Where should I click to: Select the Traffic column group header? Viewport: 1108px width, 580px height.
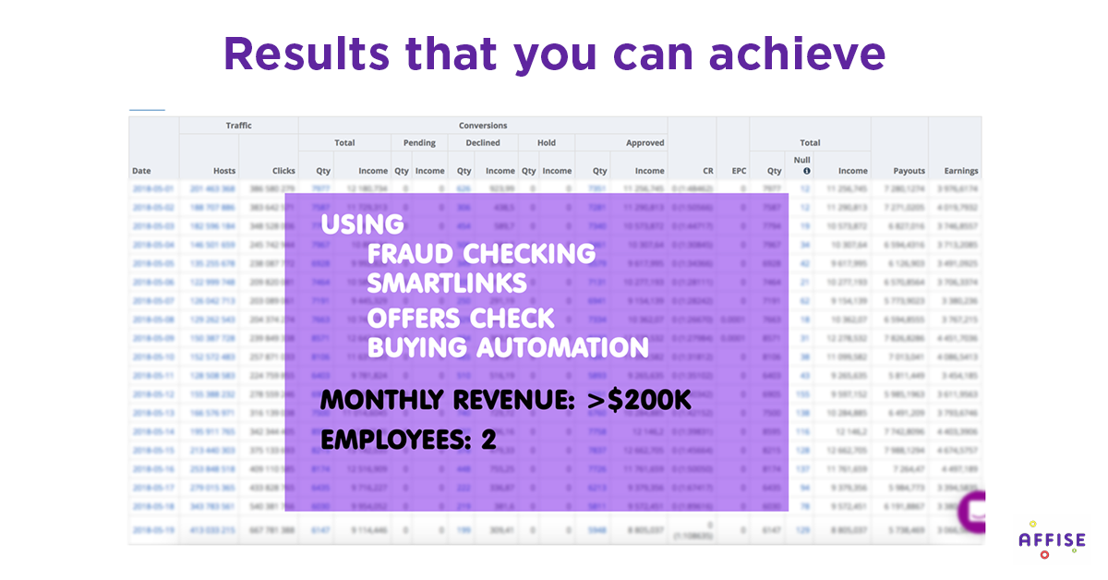tap(238, 126)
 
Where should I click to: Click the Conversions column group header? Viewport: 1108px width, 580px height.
tap(482, 126)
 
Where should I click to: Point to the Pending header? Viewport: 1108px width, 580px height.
tap(419, 143)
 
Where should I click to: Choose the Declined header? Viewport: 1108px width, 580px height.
tap(482, 143)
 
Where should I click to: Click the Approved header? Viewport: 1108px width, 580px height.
tap(644, 143)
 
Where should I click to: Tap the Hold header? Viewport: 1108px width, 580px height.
tap(546, 143)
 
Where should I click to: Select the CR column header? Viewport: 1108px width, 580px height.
tap(707, 171)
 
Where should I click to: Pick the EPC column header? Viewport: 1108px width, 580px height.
tap(738, 171)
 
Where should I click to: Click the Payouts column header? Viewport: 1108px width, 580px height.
tap(909, 171)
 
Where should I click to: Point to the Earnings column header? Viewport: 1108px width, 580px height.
tap(960, 171)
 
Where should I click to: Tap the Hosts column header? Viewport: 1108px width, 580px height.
tap(224, 171)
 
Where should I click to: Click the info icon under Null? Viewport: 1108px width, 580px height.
tap(806, 171)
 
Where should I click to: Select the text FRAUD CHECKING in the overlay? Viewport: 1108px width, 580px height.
tap(480, 253)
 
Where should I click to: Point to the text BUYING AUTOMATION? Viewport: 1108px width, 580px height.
tap(507, 347)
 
